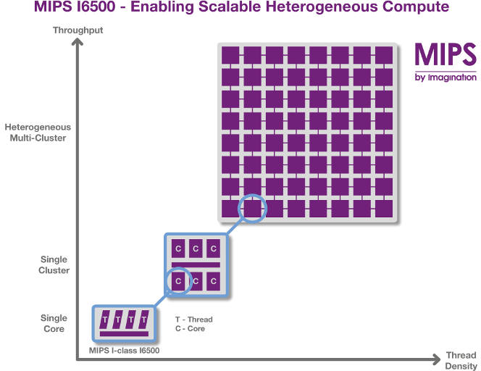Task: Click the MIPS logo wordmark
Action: click(x=446, y=54)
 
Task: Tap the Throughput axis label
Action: click(x=78, y=30)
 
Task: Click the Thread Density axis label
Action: click(x=461, y=361)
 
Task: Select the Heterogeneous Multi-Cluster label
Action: click(x=38, y=133)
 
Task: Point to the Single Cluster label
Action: click(x=54, y=264)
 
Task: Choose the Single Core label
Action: click(x=54, y=323)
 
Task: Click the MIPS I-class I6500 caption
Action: click(x=125, y=351)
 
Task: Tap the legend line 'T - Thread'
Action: click(x=194, y=320)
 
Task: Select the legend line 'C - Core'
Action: click(x=191, y=329)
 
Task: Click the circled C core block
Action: click(x=178, y=281)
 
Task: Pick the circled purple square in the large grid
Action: click(x=253, y=209)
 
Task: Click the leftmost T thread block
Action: click(x=104, y=320)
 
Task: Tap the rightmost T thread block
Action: click(x=144, y=320)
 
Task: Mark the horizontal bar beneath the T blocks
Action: click(x=125, y=333)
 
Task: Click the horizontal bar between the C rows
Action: click(x=196, y=264)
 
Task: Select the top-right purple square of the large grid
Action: click(x=384, y=55)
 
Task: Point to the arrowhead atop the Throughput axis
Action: click(x=78, y=41)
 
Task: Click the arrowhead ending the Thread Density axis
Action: click(x=437, y=359)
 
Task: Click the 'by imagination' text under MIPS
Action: click(x=446, y=78)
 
